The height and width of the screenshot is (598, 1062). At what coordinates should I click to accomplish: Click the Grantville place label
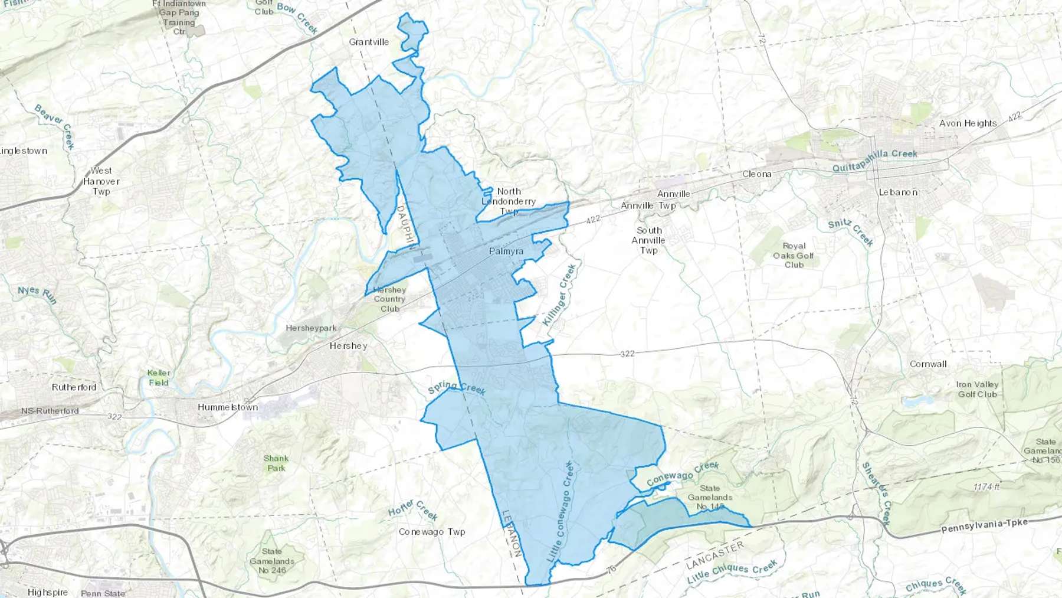pos(369,42)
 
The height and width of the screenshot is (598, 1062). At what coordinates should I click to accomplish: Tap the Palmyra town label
pos(506,251)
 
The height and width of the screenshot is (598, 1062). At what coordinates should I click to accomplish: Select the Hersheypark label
pos(311,328)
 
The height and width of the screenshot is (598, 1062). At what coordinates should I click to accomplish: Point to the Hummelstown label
pos(228,407)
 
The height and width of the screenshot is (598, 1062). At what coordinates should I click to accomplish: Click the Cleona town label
pos(756,174)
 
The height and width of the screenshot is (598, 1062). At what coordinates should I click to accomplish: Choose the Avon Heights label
pos(968,123)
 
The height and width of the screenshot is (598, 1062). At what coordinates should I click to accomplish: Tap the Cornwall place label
pos(928,364)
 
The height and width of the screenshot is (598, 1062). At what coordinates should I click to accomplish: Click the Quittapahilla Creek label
pos(874,160)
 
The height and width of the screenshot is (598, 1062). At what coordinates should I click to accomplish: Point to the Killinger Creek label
pos(559,295)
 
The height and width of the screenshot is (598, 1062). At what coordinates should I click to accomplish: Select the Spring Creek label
pos(457,388)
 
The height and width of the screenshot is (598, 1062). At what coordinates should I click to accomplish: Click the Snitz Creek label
pos(850,231)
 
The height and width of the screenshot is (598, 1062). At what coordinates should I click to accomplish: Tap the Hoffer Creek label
pos(413,510)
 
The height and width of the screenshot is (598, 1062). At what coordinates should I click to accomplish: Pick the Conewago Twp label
pos(432,532)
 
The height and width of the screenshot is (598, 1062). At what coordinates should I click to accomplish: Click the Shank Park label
pos(276,463)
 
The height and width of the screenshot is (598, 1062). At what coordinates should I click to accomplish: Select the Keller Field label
pos(158,378)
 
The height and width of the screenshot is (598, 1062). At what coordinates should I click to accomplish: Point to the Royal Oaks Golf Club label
pos(794,255)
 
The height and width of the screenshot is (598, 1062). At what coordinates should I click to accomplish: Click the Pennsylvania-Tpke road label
pos(984,525)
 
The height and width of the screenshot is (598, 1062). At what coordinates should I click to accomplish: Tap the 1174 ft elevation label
pos(986,487)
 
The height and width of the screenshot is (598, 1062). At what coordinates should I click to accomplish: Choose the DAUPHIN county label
pos(405,224)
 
